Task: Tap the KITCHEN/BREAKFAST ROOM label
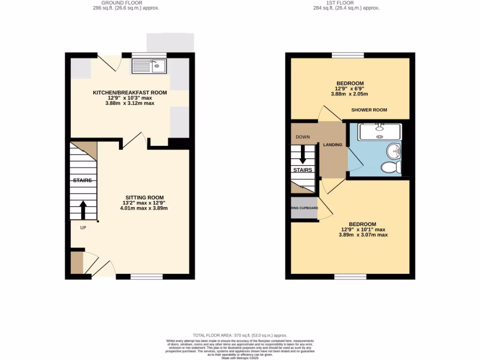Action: tap(130, 93)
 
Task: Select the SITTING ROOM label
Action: tap(144, 197)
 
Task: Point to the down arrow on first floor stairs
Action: tap(302, 156)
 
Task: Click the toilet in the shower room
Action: tap(390, 167)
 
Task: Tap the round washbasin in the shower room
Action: tap(393, 151)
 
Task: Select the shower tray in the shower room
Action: tap(380, 132)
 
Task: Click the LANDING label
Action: tap(332, 144)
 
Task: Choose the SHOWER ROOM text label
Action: tap(369, 110)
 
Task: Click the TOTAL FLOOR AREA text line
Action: tap(240, 336)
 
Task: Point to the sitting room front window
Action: tap(146, 277)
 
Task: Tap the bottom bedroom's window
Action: tap(351, 277)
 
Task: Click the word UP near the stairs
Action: tap(82, 228)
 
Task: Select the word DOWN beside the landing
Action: tap(302, 137)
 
